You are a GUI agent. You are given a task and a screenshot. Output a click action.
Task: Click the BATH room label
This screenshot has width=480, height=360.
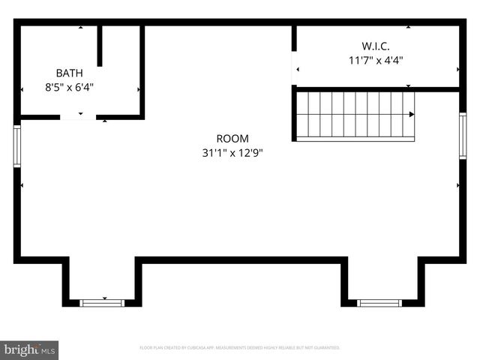pos(69,73)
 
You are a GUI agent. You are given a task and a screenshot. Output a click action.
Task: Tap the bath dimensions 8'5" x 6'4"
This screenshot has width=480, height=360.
pos(69,87)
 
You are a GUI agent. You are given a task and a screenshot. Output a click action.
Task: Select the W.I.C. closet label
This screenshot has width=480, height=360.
pos(375,46)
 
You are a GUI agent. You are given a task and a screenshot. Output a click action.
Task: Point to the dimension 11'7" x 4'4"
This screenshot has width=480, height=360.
pos(375,61)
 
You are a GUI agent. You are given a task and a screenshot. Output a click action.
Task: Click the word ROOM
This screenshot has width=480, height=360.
pos(232,139)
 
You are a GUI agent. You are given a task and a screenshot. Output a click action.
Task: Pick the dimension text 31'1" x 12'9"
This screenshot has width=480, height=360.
pos(232,152)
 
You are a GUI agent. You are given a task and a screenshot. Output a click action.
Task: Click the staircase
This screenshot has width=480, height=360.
pos(354,114)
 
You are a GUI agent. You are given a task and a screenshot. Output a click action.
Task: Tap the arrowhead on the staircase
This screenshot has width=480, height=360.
pos(411,114)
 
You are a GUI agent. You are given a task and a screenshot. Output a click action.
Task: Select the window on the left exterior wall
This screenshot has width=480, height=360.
pos(16,146)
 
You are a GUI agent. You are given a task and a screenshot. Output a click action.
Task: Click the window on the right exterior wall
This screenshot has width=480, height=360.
pos(463,135)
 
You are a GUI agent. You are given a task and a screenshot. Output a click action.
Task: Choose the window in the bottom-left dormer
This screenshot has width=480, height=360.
pos(102,303)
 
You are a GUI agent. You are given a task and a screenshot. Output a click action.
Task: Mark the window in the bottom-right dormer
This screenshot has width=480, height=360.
pos(379,303)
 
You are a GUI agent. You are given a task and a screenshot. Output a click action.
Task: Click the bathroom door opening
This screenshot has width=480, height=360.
pos(78,117)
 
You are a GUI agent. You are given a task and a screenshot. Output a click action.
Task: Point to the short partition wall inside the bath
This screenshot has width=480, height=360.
pos(100,46)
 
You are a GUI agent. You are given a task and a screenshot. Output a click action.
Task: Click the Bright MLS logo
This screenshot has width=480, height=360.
pos(29,350)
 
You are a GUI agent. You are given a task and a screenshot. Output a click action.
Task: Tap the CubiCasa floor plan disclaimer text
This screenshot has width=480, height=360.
pos(240,348)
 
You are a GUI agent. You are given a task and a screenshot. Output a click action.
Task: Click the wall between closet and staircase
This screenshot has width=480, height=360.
pos(375,89)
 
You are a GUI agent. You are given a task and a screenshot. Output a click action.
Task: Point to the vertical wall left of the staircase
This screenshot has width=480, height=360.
pos(294,114)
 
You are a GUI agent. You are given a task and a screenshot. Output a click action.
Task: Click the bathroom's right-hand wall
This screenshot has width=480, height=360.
pos(142,71)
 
